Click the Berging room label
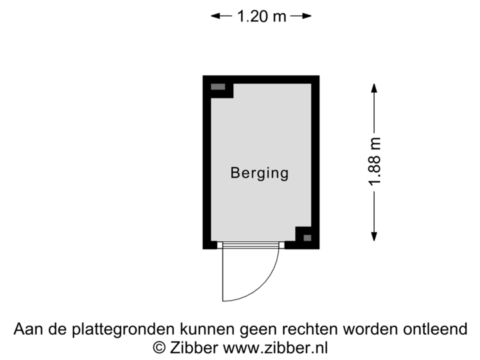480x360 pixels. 259,173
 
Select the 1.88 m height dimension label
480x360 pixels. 375,163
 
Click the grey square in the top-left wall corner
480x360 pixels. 218,87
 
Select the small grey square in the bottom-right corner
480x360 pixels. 307,237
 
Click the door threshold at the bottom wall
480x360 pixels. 250,245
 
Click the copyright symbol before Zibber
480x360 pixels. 159,347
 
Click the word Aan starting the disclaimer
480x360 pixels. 27,329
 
